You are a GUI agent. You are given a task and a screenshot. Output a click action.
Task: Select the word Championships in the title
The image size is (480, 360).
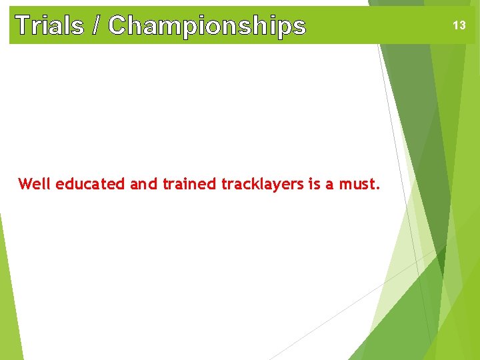[207, 25]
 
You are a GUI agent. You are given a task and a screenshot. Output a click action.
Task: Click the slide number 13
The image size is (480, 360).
[459, 25]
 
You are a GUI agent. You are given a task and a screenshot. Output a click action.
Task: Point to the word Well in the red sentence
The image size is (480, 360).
[35, 184]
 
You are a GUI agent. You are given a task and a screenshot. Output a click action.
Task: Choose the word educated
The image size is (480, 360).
[90, 184]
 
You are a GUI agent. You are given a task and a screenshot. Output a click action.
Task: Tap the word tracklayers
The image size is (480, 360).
[263, 185]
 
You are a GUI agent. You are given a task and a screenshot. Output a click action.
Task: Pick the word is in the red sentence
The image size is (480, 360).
[315, 184]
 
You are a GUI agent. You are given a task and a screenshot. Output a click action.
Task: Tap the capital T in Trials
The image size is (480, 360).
[22, 25]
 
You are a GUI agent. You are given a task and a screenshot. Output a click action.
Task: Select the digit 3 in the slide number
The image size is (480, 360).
[462, 25]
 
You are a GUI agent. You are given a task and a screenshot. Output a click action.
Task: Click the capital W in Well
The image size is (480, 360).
[25, 184]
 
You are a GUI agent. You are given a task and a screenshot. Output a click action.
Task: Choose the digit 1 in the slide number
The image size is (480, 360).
[455, 25]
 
